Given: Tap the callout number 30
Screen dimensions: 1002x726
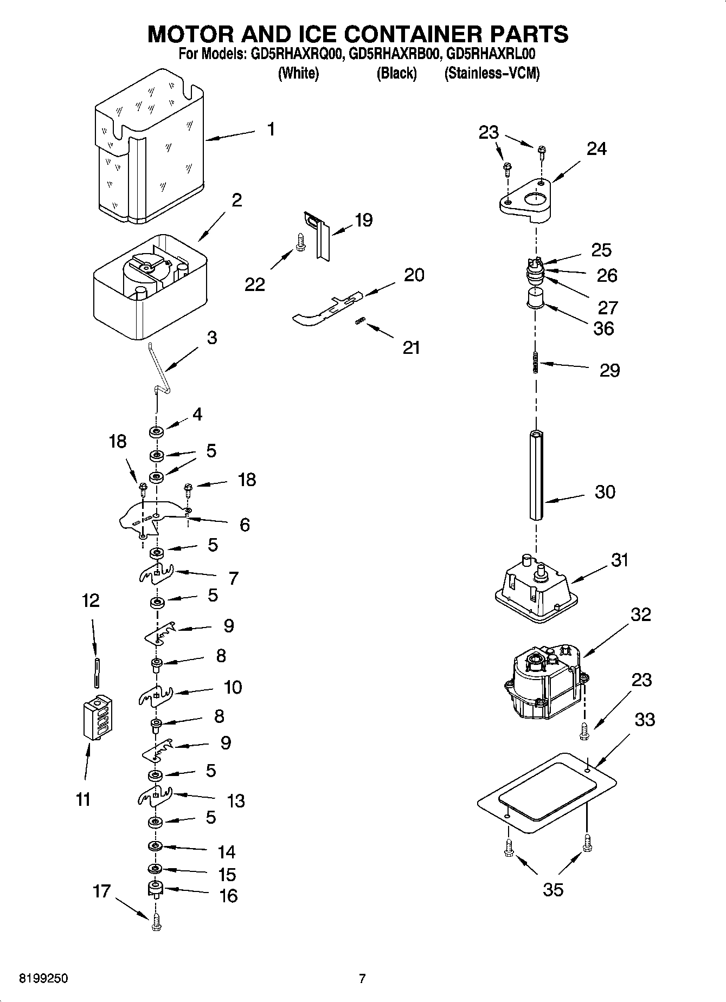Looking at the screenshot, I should coord(605,492).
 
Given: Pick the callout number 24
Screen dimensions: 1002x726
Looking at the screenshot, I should coord(596,148).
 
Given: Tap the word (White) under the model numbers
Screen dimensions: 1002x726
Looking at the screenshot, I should coord(298,73).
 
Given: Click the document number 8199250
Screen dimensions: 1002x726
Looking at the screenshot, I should coord(43,979).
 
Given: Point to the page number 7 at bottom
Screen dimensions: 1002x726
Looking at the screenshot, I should coord(362,979).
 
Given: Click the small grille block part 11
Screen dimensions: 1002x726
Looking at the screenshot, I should coord(98,716).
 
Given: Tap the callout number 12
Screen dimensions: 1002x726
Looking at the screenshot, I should coord(91,600).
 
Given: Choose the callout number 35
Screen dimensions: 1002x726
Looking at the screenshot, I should coord(553,889).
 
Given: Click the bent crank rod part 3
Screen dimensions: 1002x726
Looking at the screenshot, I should coord(160,369).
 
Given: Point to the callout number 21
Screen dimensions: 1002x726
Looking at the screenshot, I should coord(411,347).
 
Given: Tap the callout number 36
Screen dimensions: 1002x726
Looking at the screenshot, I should coord(603,328).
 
